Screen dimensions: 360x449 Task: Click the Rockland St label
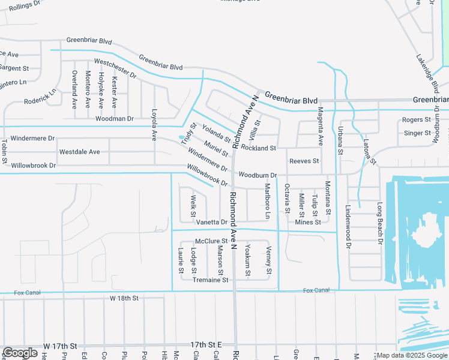259,148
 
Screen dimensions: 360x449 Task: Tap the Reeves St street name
304,161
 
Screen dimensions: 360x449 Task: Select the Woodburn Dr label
257,175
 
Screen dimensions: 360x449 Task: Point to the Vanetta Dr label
212,222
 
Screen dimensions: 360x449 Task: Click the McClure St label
203,241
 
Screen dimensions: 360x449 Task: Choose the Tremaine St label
210,280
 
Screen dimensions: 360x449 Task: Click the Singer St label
417,133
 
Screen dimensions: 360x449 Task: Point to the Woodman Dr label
114,119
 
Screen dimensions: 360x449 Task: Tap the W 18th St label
124,298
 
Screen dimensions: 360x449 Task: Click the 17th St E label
206,345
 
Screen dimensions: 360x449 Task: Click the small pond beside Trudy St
182,138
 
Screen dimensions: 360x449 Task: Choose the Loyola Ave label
154,128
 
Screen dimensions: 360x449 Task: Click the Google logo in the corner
20,353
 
